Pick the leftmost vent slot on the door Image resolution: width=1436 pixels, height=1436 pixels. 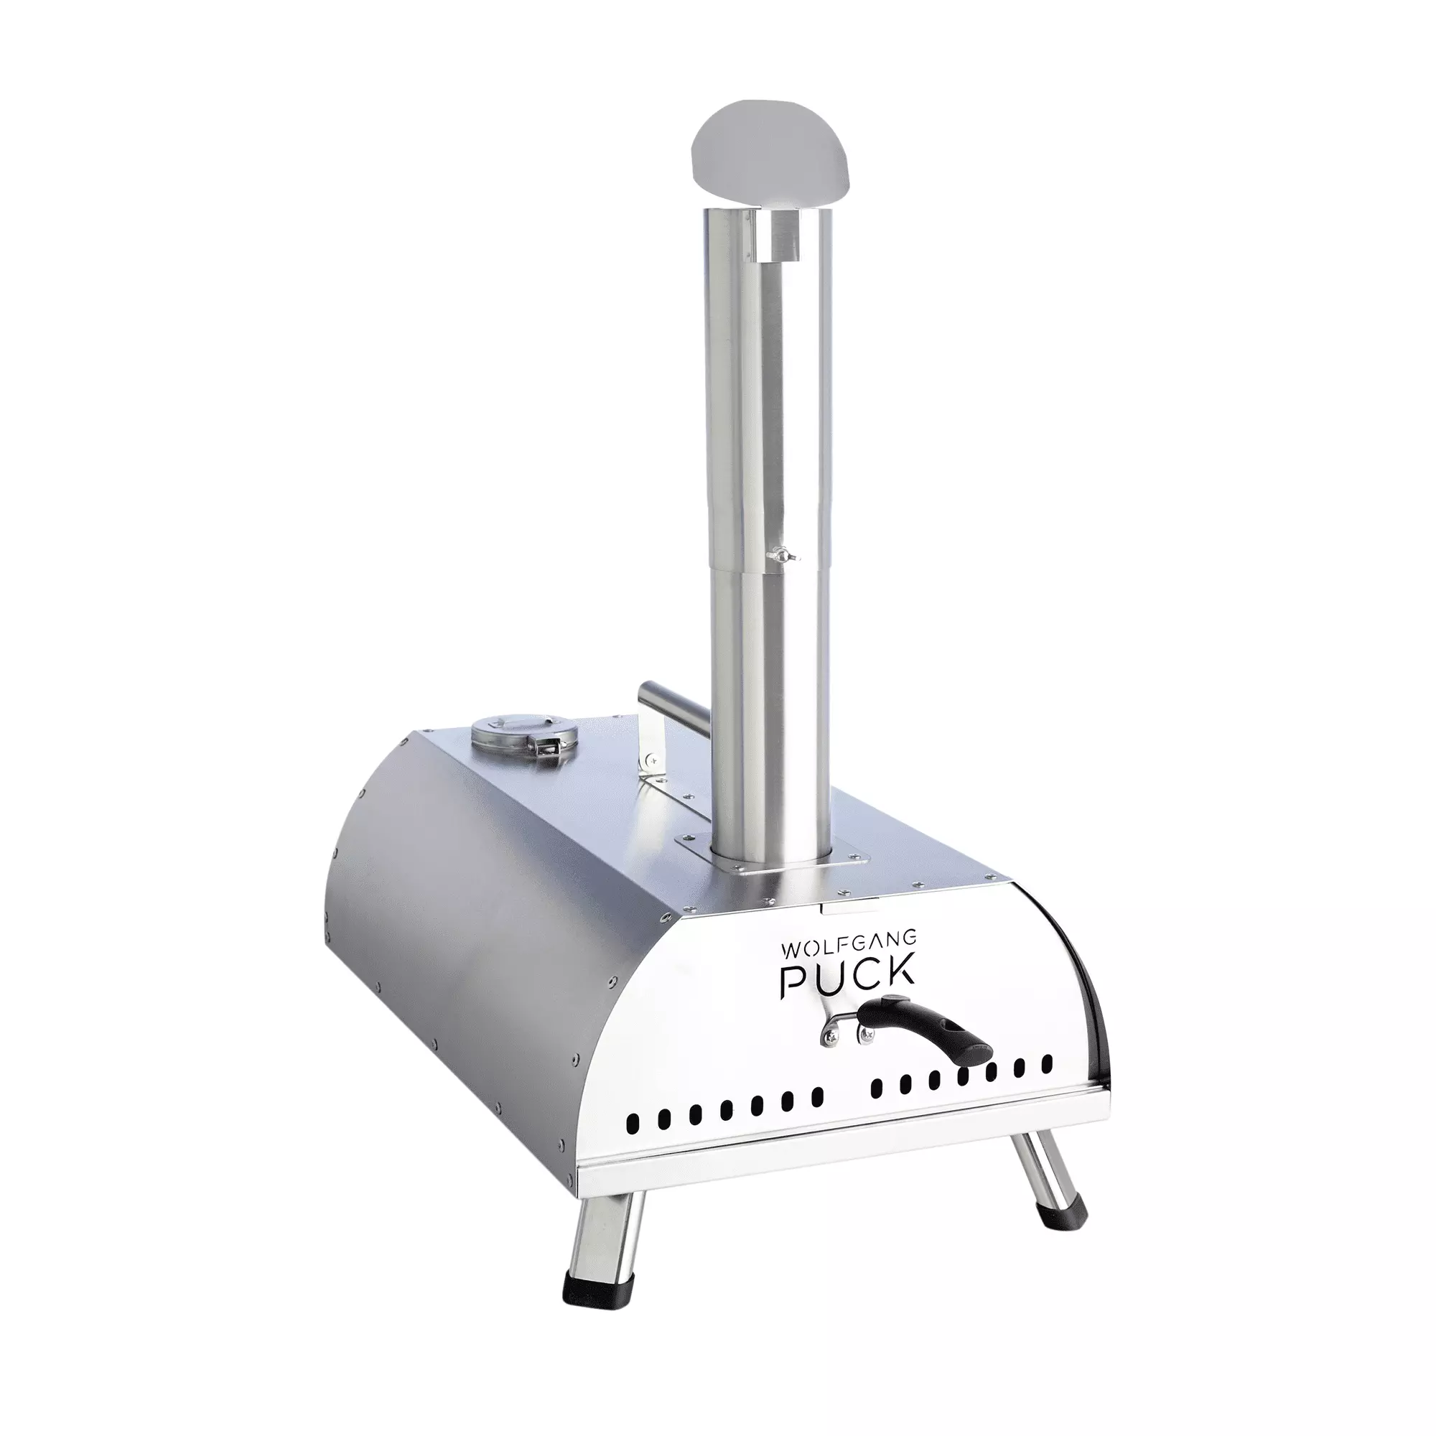(x=633, y=1139)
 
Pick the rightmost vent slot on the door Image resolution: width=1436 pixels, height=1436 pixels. (x=1048, y=1063)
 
